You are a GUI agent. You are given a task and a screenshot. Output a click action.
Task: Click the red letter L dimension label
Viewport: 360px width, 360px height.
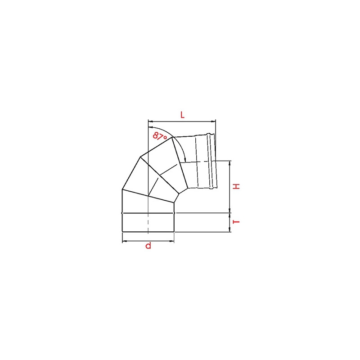(182, 115)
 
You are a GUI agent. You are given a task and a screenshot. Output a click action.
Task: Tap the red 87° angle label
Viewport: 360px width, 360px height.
(160, 136)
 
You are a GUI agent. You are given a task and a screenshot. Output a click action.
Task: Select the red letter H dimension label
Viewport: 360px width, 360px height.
(236, 186)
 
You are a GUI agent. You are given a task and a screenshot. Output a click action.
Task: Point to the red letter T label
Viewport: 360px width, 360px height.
(236, 222)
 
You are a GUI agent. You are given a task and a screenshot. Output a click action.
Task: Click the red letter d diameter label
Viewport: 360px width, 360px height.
(148, 245)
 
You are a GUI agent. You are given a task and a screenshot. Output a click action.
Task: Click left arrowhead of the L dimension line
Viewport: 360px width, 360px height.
(150, 121)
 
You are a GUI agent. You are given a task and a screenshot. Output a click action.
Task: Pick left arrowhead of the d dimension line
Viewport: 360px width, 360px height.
(125, 241)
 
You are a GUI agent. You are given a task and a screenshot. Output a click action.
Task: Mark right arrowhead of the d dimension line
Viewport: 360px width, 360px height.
(172, 241)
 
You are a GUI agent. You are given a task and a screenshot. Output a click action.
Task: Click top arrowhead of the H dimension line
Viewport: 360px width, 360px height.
(230, 163)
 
